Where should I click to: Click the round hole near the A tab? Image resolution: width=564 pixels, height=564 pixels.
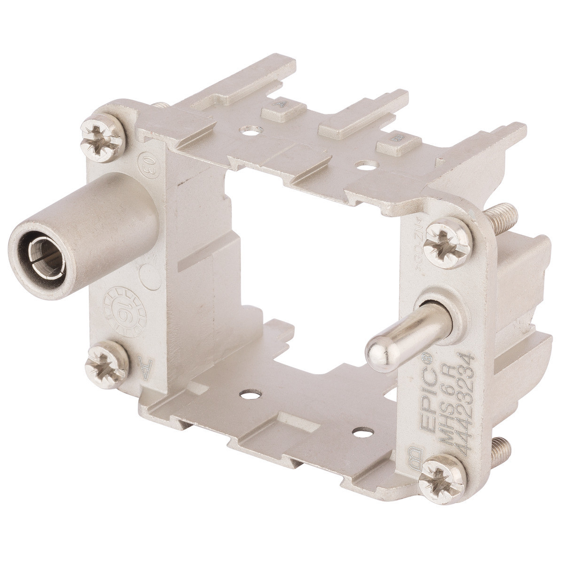(249, 130)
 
